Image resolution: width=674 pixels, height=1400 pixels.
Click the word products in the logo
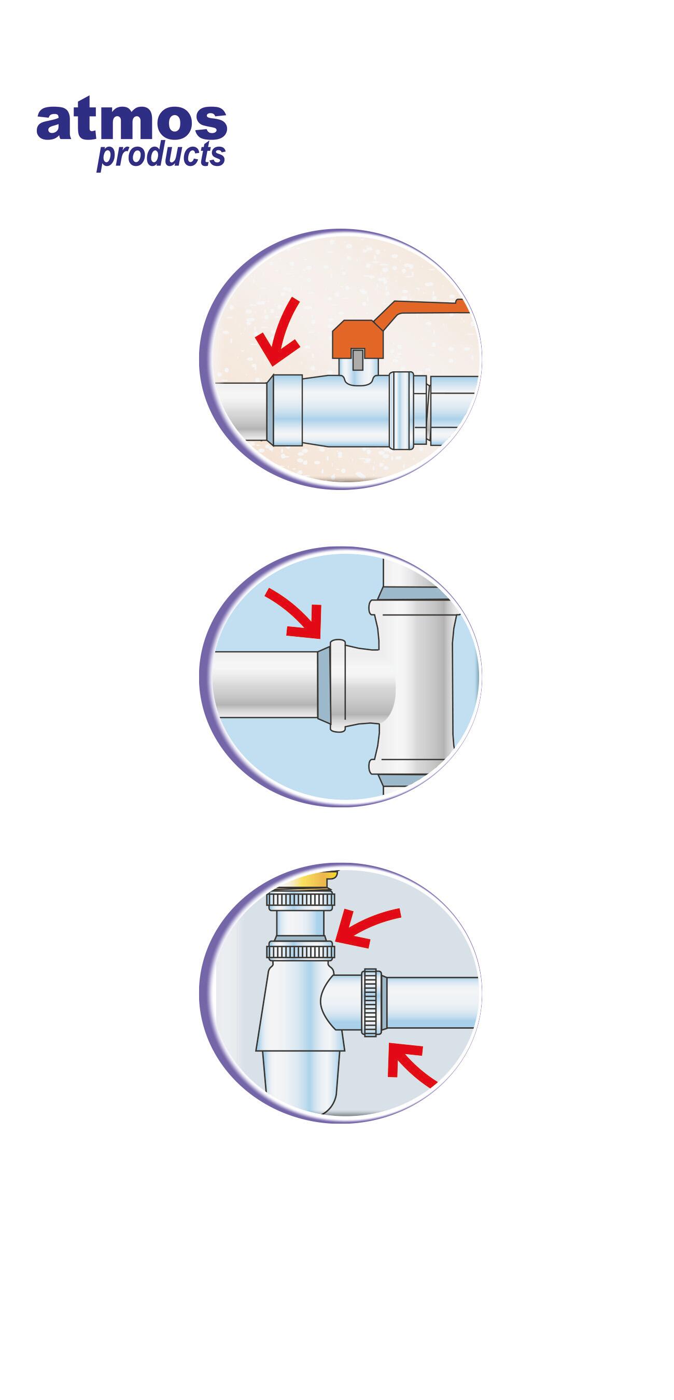(161, 156)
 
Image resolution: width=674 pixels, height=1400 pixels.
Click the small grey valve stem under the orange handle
(358, 359)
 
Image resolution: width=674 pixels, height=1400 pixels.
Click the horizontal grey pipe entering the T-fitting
(266, 684)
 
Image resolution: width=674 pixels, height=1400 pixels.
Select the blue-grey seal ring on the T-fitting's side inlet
(324, 684)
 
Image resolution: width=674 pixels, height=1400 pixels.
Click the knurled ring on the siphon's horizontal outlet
(370, 1003)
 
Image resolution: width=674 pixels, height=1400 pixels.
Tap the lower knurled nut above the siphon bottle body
(300, 951)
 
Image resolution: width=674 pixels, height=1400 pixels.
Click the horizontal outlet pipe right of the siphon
(429, 1003)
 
